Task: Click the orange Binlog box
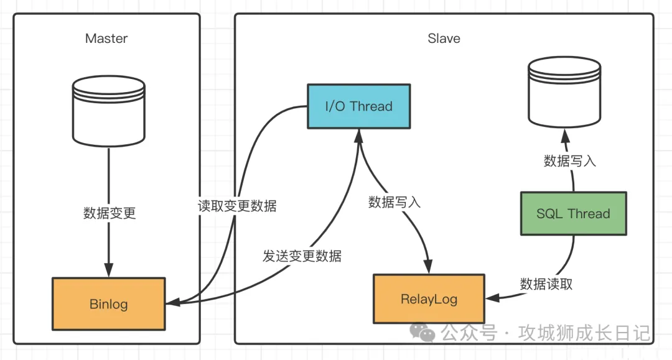coord(109,304)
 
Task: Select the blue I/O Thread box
coord(359,106)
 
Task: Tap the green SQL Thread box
coord(573,214)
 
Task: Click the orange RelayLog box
coord(429,299)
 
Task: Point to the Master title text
coord(106,39)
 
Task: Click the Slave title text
coord(444,39)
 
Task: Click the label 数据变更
coord(110,213)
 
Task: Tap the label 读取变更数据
coord(237,206)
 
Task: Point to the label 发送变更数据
coord(302,256)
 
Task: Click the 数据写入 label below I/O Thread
coord(394,202)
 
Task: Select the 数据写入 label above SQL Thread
coord(570,161)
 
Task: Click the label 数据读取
coord(546,284)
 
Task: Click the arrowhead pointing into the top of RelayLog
coord(429,266)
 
